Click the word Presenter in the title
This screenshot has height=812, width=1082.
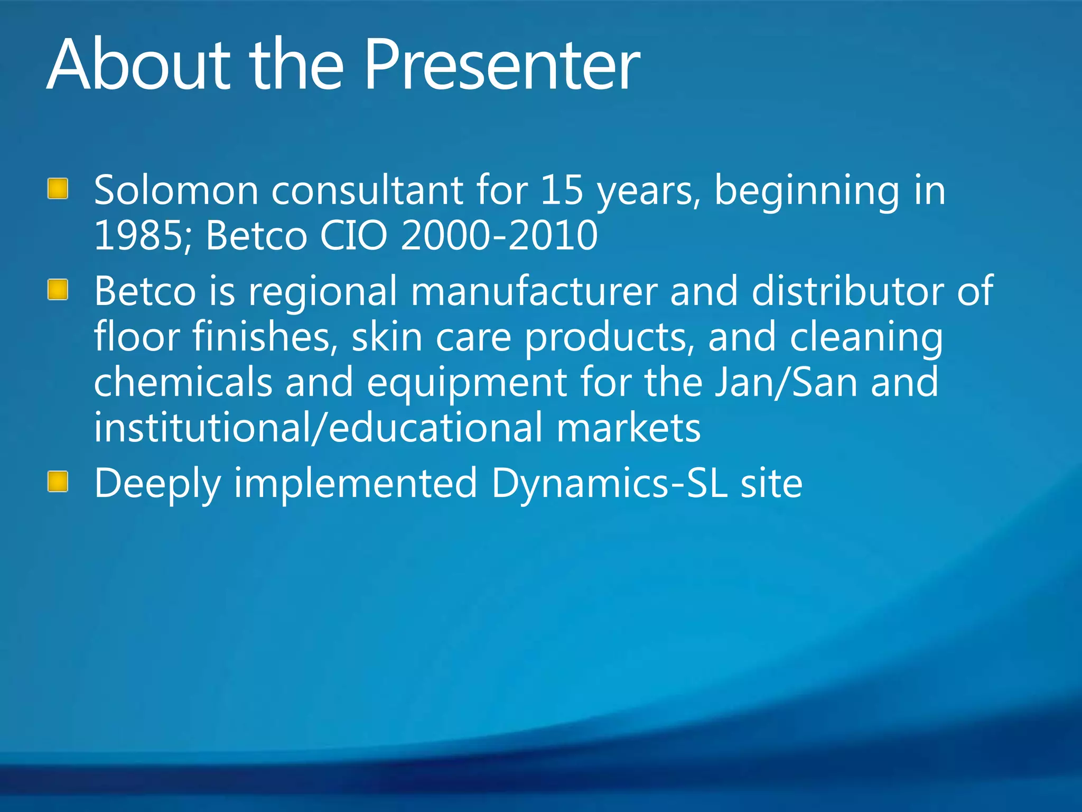tap(502, 66)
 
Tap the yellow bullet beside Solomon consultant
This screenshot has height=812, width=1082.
tap(58, 189)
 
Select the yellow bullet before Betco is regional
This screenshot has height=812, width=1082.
tap(58, 290)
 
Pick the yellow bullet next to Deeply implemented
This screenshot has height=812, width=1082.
tap(58, 482)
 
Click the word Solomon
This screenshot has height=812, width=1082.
tap(176, 190)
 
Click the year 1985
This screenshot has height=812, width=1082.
tap(138, 236)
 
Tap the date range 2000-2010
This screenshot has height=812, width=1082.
tap(499, 236)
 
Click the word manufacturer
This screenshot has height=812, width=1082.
tap(534, 291)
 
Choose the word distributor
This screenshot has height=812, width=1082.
tap(847, 291)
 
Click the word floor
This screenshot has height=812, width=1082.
tap(137, 337)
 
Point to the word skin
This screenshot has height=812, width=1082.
tap(387, 337)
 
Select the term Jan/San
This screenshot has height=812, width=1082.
tap(786, 383)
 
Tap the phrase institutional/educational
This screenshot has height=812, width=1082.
tap(318, 428)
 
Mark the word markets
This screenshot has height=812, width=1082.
tap(628, 428)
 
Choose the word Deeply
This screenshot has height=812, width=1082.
tap(157, 485)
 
